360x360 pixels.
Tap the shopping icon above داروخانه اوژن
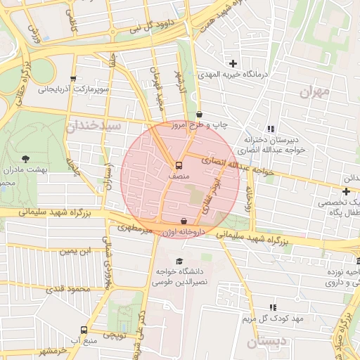tap(184, 220)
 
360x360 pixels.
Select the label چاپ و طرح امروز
tap(221, 124)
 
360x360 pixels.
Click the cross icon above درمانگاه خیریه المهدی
tap(233, 64)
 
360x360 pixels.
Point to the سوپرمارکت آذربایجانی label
tap(74, 89)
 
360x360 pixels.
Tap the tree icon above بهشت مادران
tap(26, 159)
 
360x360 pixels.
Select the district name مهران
tap(314, 91)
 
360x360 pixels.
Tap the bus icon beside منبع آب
tap(84, 330)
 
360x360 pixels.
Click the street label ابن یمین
tap(75, 250)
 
